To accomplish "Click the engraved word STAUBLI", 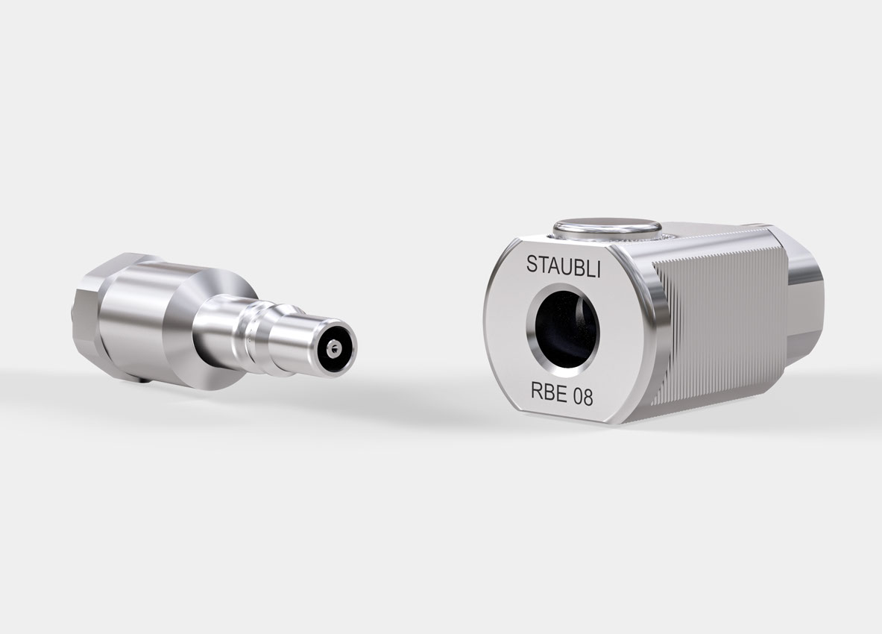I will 563,264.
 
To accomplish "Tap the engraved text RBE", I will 547,395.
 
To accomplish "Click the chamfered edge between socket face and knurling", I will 649,328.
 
